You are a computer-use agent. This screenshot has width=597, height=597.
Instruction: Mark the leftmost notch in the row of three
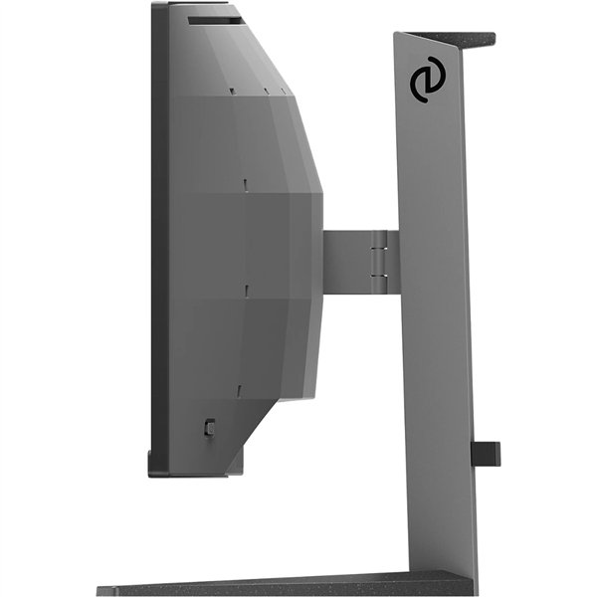point(232,93)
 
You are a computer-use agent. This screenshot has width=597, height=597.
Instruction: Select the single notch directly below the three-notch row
point(243,183)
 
